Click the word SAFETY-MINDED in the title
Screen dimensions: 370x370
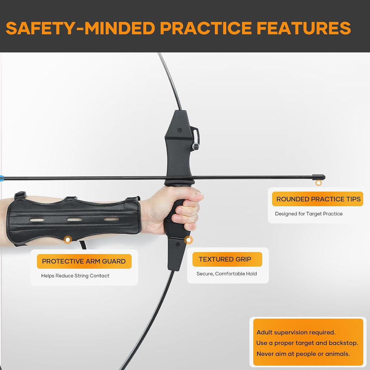tap(81, 28)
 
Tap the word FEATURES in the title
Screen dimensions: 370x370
tap(304, 28)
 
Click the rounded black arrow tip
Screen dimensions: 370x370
tap(319, 177)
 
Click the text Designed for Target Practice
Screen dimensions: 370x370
tap(309, 214)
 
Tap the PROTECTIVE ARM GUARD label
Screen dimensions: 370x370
tap(84, 261)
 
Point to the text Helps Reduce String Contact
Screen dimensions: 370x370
tap(75, 276)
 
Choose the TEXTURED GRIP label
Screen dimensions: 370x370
tap(225, 259)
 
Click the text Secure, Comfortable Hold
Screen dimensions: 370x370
tap(227, 274)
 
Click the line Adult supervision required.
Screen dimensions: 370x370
tap(296, 332)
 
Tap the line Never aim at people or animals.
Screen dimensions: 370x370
tap(303, 354)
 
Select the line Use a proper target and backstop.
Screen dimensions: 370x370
tap(307, 343)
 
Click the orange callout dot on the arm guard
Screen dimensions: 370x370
tap(68, 240)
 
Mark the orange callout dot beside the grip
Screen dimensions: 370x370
tap(188, 240)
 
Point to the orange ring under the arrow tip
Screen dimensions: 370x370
tap(319, 182)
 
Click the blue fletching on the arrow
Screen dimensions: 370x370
tap(2, 177)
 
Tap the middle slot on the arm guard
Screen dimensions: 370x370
tap(74, 219)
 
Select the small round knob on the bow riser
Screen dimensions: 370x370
tap(195, 147)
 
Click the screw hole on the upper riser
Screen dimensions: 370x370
tap(179, 130)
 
